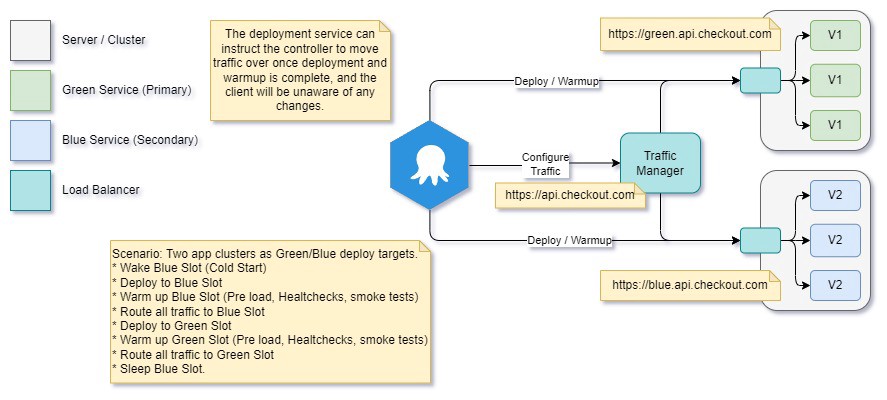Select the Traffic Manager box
[660, 162]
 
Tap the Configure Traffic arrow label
[545, 164]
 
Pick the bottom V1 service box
[835, 124]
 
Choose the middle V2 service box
[835, 240]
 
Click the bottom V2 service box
[835, 285]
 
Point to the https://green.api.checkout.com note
[690, 34]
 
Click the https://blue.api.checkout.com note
[690, 285]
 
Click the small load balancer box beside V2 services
[759, 240]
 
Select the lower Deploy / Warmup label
[571, 241]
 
